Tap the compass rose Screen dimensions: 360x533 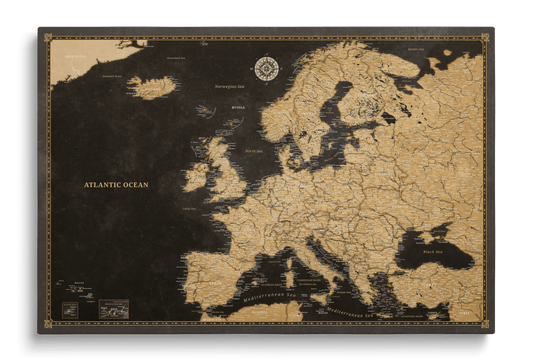pos(267,68)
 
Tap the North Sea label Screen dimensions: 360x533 pos(251,150)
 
